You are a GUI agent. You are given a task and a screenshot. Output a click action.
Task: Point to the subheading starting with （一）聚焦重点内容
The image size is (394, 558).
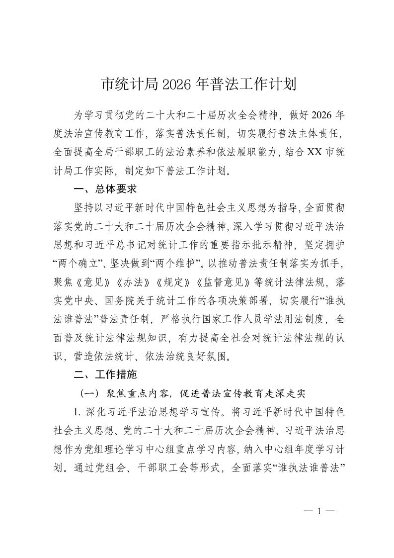point(193,393)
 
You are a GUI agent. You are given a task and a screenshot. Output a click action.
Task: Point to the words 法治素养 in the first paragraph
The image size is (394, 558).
point(221,152)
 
